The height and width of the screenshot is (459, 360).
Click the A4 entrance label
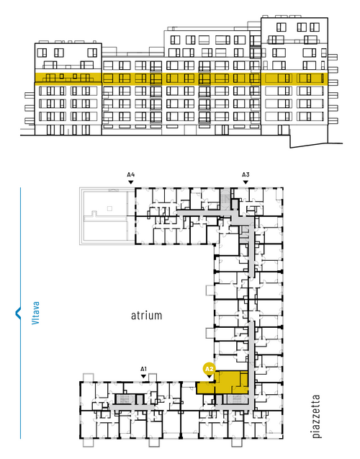[x=131, y=175]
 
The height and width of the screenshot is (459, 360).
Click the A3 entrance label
[x=246, y=175]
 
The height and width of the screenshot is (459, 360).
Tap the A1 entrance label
[x=143, y=369]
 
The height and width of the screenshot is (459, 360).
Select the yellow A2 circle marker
[x=210, y=369]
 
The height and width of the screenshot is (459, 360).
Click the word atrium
[x=146, y=316]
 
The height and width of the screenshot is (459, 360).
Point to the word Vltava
[x=36, y=313]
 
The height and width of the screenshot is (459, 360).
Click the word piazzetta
[x=316, y=416]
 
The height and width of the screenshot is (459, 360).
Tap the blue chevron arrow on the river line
[x=18, y=313]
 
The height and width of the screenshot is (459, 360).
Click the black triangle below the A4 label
[x=131, y=182]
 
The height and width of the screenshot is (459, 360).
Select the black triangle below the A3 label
[x=246, y=182]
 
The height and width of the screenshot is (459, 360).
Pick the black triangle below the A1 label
[x=143, y=376]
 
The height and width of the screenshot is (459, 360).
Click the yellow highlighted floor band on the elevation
[x=181, y=78]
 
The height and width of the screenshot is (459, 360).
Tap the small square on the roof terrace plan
[x=109, y=208]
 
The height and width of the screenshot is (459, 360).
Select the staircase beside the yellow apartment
[x=237, y=400]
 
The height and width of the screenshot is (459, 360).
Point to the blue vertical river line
[x=20, y=313]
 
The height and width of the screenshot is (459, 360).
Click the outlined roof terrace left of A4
[x=107, y=216]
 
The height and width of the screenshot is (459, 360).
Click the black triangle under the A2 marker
[x=210, y=376]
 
